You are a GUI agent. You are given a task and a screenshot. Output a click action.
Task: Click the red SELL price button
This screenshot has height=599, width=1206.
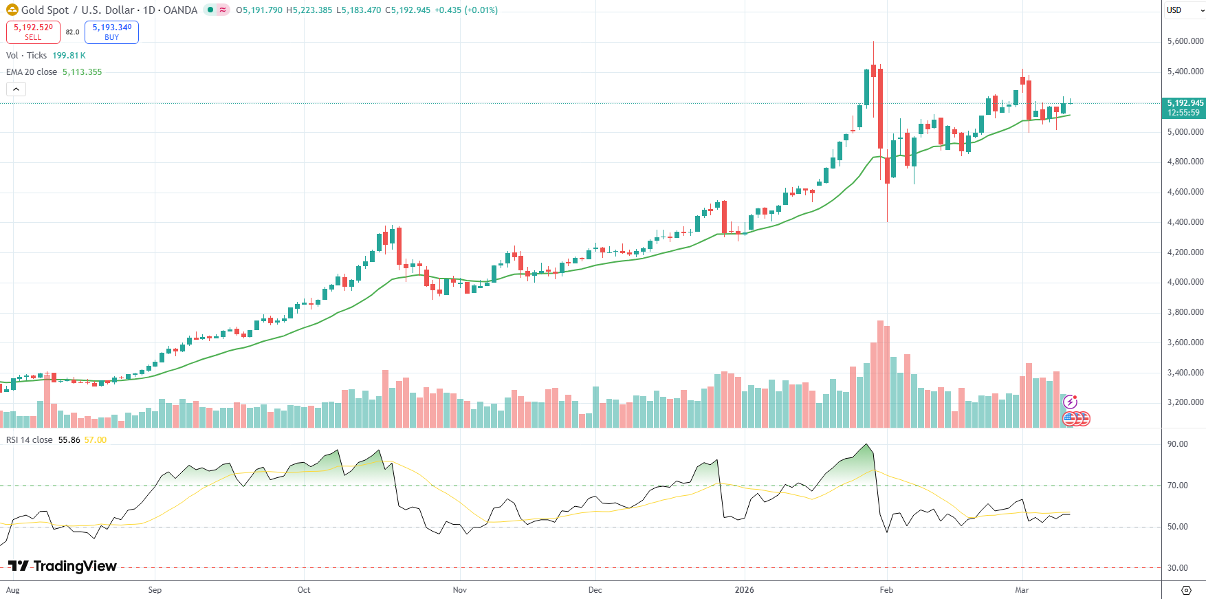[33, 32]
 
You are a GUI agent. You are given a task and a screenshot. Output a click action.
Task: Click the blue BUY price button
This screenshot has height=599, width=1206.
[111, 32]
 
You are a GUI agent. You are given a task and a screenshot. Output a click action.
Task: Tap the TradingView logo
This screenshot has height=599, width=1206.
[63, 566]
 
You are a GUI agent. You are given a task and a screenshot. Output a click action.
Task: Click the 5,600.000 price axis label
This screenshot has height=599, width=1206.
[1185, 41]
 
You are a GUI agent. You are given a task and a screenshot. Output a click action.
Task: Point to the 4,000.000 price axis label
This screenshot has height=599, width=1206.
[1185, 282]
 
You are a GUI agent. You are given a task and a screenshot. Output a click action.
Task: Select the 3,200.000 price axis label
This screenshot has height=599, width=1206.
[1185, 402]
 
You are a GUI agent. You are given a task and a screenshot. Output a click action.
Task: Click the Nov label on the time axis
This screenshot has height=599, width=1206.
[460, 590]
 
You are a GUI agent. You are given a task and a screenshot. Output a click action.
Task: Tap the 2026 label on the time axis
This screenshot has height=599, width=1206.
[744, 590]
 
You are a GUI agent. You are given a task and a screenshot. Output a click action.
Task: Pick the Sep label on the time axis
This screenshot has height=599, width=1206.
[155, 590]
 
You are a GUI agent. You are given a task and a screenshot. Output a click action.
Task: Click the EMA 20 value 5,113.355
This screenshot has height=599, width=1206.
[82, 72]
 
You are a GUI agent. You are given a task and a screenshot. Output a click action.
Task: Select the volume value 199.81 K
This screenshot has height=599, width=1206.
[69, 56]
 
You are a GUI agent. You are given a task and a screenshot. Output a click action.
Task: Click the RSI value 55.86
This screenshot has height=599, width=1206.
[69, 440]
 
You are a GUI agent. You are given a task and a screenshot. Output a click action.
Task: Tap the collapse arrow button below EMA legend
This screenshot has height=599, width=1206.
[16, 89]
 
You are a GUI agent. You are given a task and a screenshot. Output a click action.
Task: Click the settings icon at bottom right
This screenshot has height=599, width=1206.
[1186, 590]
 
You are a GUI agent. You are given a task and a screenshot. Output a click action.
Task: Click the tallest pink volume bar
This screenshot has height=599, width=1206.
[880, 374]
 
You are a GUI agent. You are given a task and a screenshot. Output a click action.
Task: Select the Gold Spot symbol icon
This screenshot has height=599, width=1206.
[12, 10]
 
